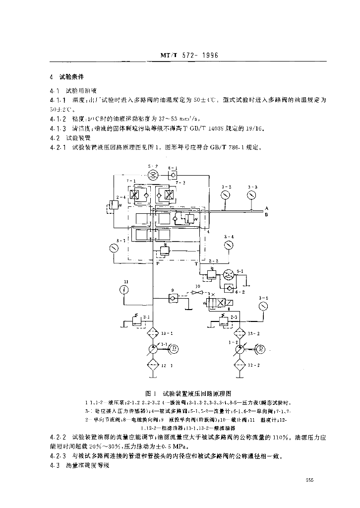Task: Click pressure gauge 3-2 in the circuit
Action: coord(226,195)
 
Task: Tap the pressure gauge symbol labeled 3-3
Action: coord(253,195)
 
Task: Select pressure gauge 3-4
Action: coord(228,245)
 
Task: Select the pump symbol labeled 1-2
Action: coord(240,349)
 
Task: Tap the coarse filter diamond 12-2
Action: coord(240,365)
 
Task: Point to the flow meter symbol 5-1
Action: coord(228,275)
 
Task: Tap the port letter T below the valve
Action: coord(196,263)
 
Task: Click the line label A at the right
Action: coord(267,208)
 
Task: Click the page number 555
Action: coord(310,480)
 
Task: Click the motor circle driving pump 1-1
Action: coord(175,349)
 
